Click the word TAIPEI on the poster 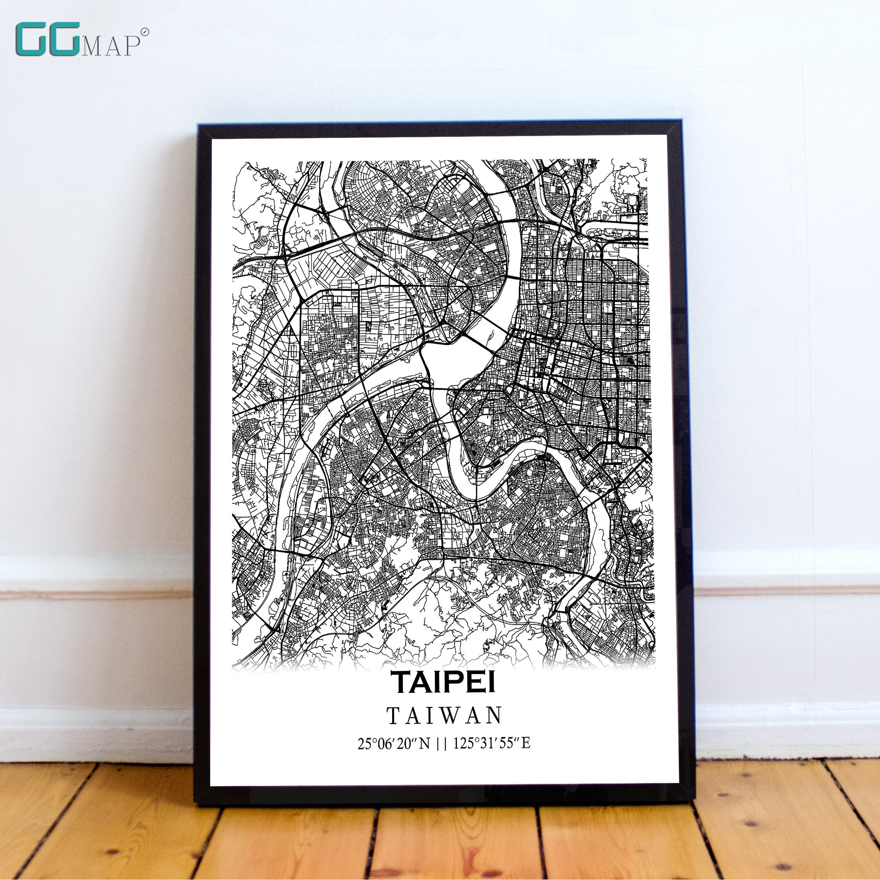(443, 682)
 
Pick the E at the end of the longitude (525, 744)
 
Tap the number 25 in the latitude (364, 744)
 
